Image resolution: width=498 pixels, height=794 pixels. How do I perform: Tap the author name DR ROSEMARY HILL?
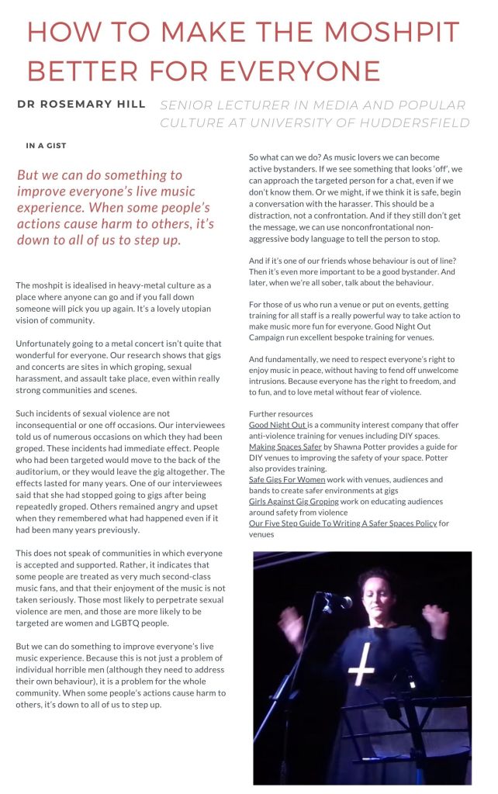pos(81,104)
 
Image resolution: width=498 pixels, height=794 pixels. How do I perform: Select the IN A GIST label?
pos(46,145)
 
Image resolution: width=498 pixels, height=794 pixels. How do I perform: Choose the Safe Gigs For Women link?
pos(287,480)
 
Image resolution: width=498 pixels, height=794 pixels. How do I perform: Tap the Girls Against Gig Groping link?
pos(299,502)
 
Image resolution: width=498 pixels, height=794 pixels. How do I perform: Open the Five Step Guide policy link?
pos(342,523)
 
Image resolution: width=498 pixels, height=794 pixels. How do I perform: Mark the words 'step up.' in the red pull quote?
pos(150,240)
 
